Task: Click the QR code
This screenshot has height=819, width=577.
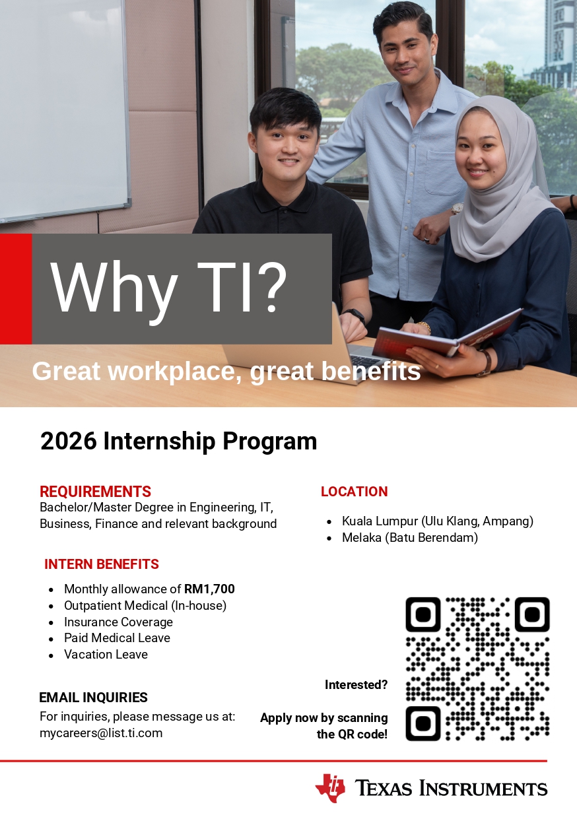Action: (x=477, y=669)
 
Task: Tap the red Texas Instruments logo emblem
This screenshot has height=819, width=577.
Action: (x=330, y=787)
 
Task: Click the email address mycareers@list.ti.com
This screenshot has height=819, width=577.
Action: (x=101, y=733)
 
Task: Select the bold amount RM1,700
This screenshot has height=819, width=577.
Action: (x=209, y=589)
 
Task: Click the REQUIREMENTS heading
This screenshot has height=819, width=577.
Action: (x=95, y=492)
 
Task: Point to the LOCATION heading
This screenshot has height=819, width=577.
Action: (x=354, y=492)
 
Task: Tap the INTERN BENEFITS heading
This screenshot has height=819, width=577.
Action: (x=102, y=564)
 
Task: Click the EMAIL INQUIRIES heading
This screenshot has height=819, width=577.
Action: (x=93, y=698)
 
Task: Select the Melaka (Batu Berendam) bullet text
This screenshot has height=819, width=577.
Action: (x=409, y=538)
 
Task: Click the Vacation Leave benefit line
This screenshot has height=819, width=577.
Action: (x=106, y=655)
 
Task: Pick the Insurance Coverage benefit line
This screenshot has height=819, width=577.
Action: (x=118, y=622)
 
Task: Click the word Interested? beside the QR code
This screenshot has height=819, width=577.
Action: (x=356, y=685)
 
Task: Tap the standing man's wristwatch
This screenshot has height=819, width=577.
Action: (x=457, y=208)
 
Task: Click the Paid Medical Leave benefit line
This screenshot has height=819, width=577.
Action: (x=117, y=638)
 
